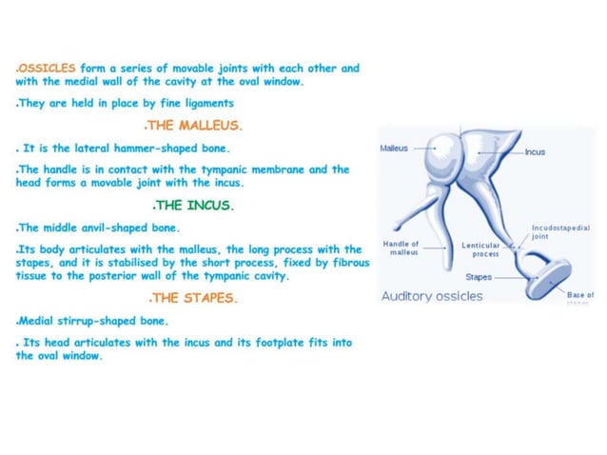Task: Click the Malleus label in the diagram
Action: click(x=394, y=148)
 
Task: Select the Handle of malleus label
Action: click(x=401, y=247)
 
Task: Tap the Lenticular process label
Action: click(x=480, y=249)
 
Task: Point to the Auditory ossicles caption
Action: click(x=432, y=296)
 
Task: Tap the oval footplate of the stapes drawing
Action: click(x=548, y=280)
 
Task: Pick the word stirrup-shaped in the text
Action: click(x=97, y=320)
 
